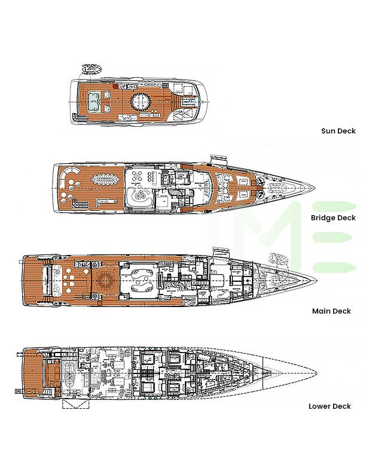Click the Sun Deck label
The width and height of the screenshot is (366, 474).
(x=338, y=131)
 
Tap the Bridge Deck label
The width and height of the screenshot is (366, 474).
(x=333, y=218)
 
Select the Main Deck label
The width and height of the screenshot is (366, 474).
(x=331, y=311)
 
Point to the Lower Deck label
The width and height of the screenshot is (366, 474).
(x=330, y=406)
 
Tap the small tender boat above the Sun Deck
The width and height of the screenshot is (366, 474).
(x=91, y=69)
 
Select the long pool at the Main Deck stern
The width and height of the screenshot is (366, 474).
(x=47, y=279)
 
